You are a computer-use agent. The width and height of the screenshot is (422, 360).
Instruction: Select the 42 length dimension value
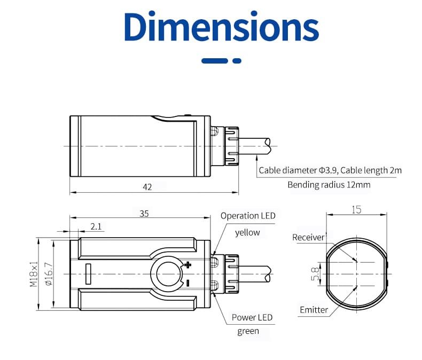pos(147,186)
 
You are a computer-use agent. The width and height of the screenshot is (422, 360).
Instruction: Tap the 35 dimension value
pos(144,213)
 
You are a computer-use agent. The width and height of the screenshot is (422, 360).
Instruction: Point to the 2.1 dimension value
pos(96,226)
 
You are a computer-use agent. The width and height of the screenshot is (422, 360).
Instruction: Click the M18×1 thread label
pos(33,274)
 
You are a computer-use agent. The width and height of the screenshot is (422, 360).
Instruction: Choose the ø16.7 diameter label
pos(48,274)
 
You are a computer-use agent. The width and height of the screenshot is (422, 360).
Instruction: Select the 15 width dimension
pos(356,209)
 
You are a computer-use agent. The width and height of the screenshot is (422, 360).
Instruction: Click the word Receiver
pos(308,237)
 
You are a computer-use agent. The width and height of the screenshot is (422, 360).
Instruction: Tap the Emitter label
pos(314,310)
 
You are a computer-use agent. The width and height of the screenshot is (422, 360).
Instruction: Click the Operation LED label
pos(248,216)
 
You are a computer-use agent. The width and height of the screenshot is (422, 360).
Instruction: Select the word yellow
pos(247,232)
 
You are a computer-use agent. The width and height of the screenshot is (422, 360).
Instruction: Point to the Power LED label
pos(252,317)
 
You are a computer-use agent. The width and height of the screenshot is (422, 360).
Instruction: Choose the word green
pos(248,331)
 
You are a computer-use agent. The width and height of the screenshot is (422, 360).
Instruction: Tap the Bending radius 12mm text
pos(329,185)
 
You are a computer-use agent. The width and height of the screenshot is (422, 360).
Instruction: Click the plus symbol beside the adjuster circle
pos(187,264)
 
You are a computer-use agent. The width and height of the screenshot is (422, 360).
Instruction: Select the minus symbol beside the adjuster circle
pos(187,283)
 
